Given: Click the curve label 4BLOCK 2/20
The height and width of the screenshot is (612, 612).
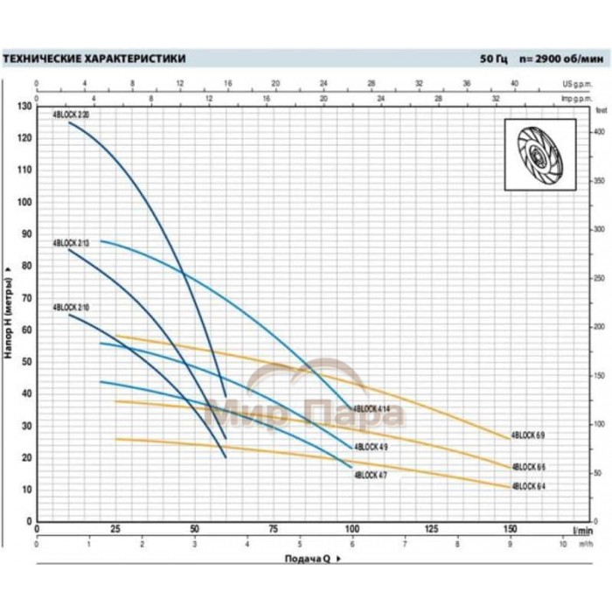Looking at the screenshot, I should pyautogui.click(x=71, y=115).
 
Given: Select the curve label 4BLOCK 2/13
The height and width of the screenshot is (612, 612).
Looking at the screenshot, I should pyautogui.click(x=71, y=242).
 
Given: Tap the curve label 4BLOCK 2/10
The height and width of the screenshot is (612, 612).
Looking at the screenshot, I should pyautogui.click(x=71, y=308).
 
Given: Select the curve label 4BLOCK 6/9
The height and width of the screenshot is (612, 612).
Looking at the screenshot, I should pyautogui.click(x=528, y=435).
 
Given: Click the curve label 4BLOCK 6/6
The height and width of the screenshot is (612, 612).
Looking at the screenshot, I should pyautogui.click(x=528, y=466).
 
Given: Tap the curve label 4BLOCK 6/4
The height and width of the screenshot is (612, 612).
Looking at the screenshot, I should pyautogui.click(x=528, y=486).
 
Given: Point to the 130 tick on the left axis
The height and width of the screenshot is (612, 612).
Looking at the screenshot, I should pyautogui.click(x=24, y=106).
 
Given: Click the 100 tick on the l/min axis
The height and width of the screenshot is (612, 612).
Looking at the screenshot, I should pyautogui.click(x=352, y=530).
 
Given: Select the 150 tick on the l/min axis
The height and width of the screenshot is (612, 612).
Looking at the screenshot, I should pyautogui.click(x=511, y=530).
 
